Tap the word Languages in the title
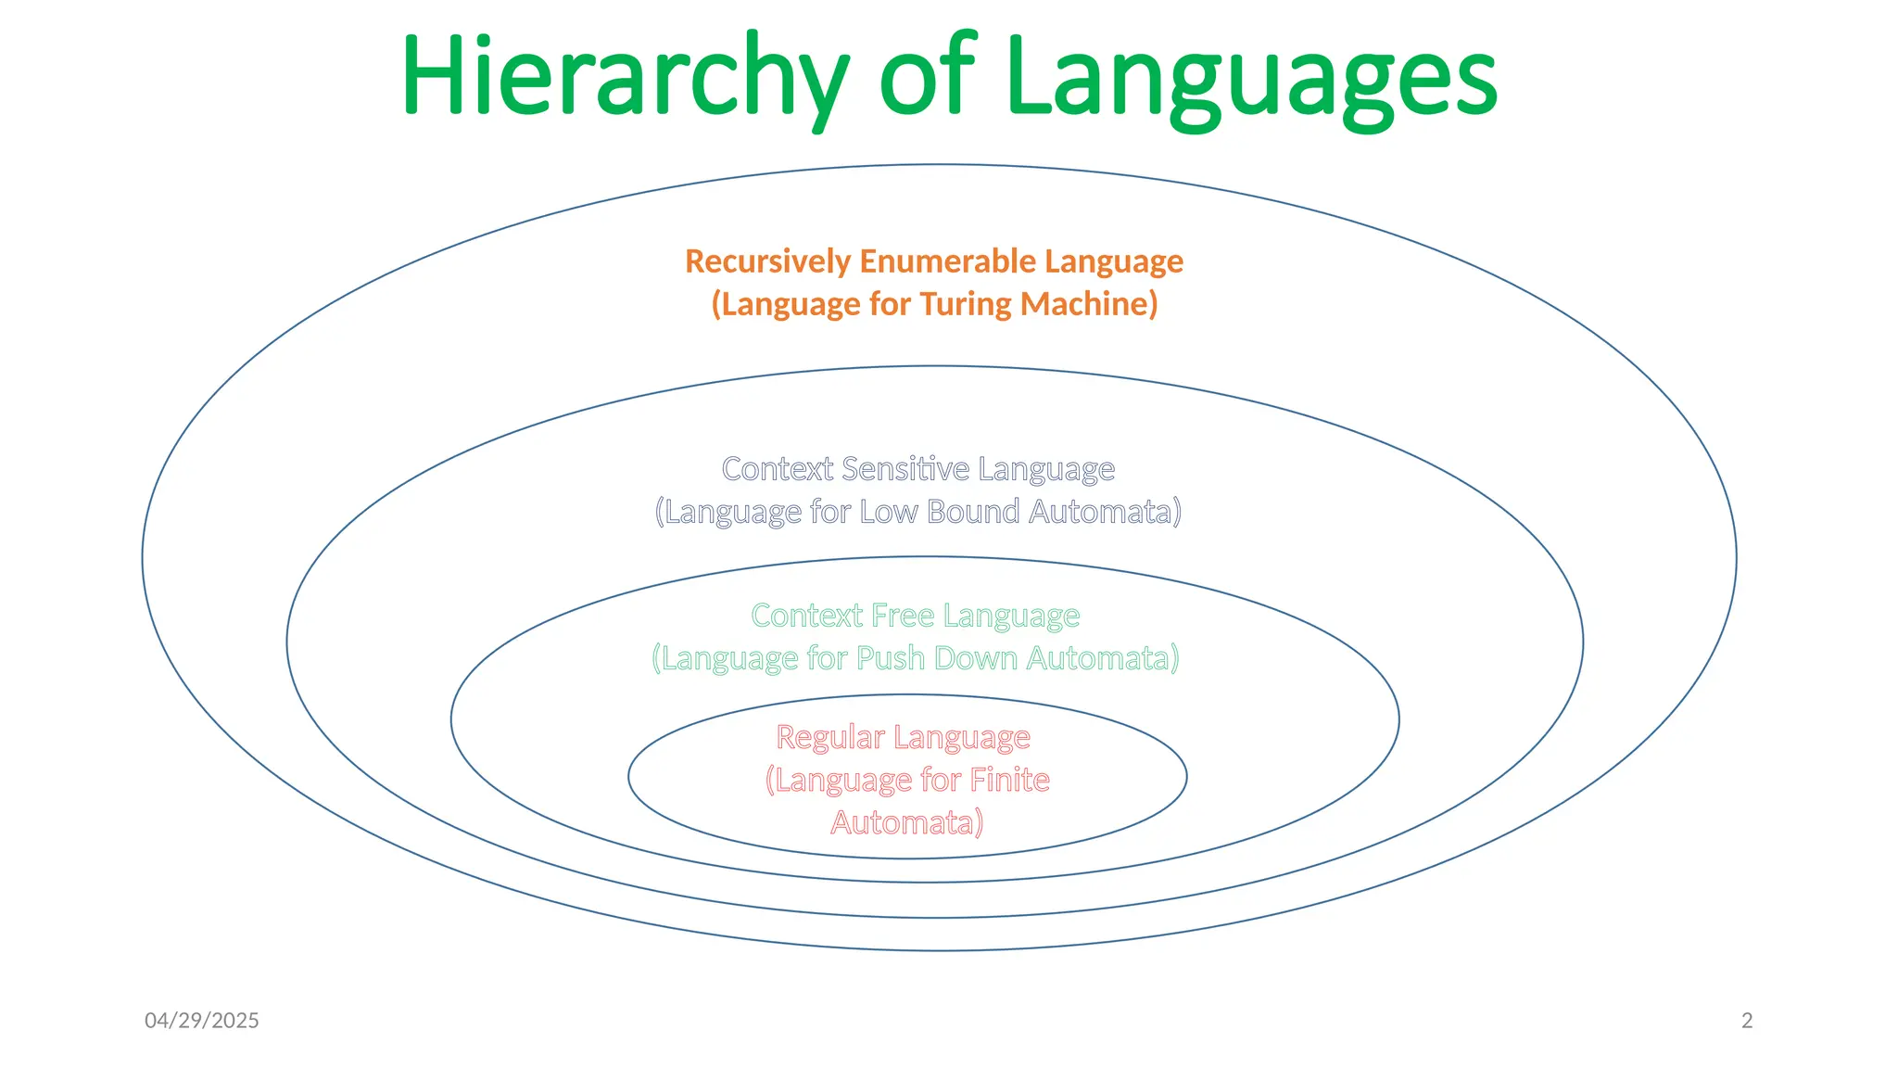pyautogui.click(x=1250, y=76)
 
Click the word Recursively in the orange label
pyautogui.click(x=767, y=261)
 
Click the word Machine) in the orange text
pyautogui.click(x=1089, y=304)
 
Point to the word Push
pyautogui.click(x=891, y=658)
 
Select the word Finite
pyautogui.click(x=1009, y=781)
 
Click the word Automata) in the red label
pyautogui.click(x=906, y=823)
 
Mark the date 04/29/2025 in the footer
pyautogui.click(x=202, y=1021)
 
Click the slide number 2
pyautogui.click(x=1747, y=1021)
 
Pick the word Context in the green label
pyautogui.click(x=807, y=616)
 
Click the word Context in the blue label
pyautogui.click(x=778, y=469)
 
